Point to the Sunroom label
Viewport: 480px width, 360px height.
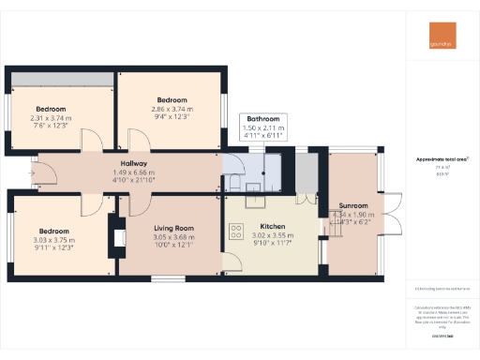pos(353,205)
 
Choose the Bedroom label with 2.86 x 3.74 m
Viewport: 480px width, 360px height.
pos(172,100)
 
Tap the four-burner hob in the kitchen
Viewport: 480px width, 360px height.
pos(236,228)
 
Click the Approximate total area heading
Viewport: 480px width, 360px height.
pos(442,159)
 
